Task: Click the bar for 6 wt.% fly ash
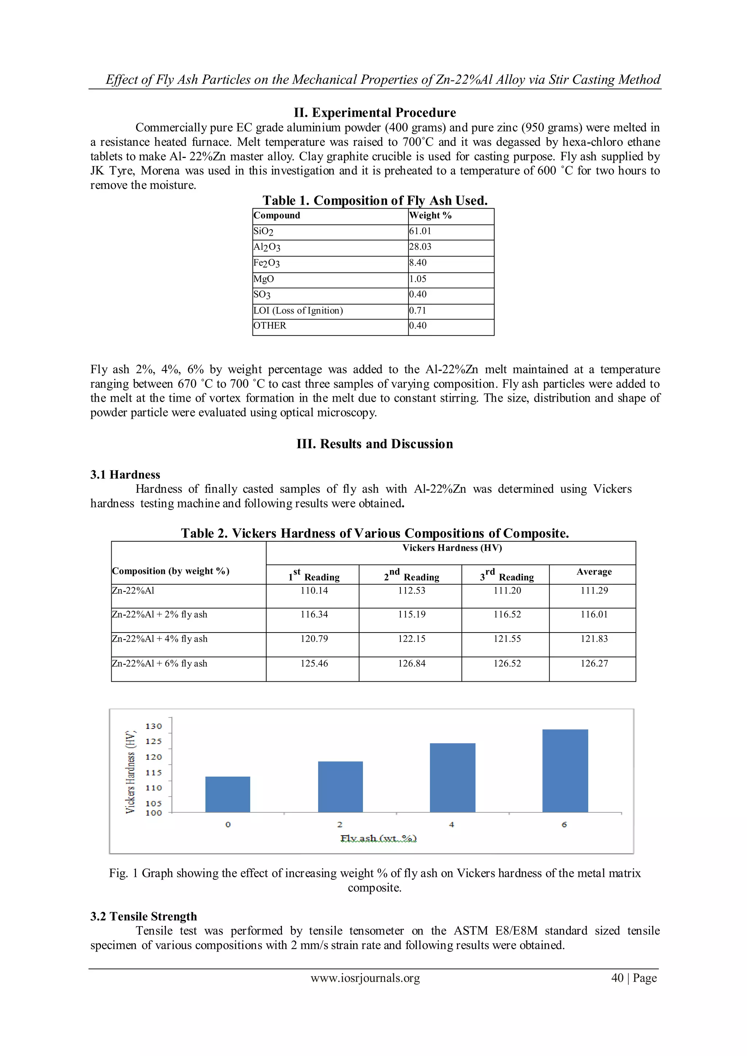[x=565, y=770]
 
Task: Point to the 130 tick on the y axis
[x=154, y=726]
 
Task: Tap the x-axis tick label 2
[x=340, y=825]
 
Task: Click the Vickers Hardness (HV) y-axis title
[x=131, y=771]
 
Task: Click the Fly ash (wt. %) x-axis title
[x=378, y=839]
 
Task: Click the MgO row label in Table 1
[x=264, y=279]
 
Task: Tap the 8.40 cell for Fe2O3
[x=418, y=263]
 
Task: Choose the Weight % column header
[x=430, y=216]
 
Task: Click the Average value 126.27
[x=594, y=664]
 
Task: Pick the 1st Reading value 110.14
[x=314, y=591]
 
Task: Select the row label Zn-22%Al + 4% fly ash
[x=160, y=639]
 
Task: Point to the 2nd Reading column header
[x=411, y=575]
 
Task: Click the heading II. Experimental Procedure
[x=375, y=113]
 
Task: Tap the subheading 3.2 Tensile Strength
[x=143, y=916]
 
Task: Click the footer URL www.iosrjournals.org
[x=365, y=978]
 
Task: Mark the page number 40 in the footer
[x=617, y=978]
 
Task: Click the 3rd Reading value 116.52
[x=507, y=615]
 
